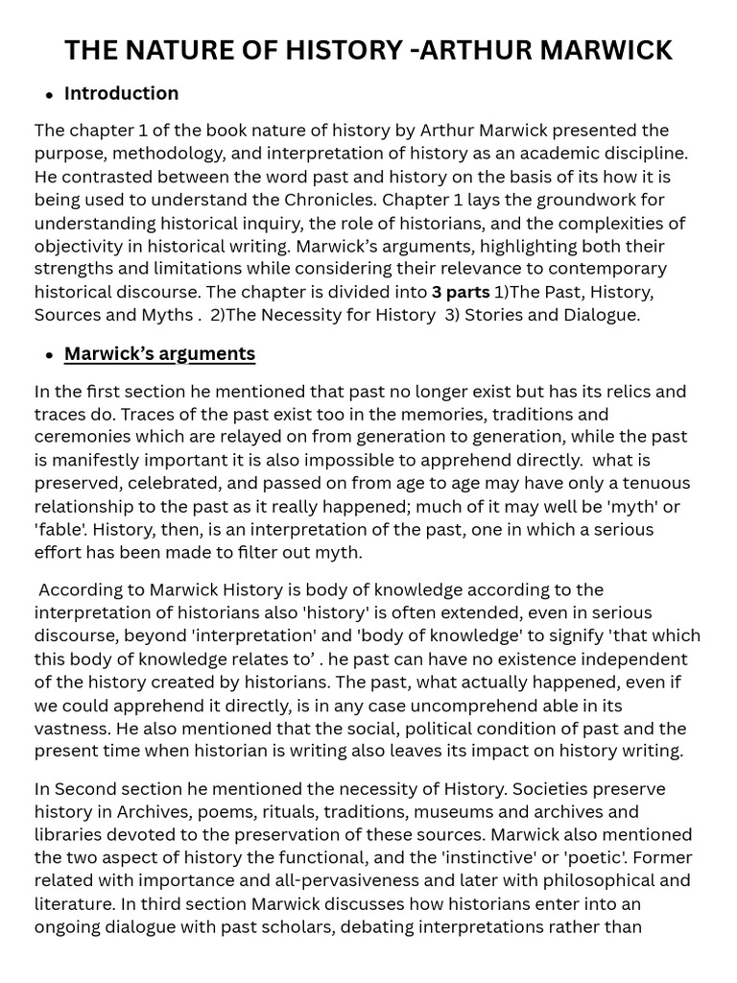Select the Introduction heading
point(121,93)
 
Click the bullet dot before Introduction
point(49,95)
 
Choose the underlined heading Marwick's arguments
point(159,353)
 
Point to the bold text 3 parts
point(461,292)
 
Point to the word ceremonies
point(82,438)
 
